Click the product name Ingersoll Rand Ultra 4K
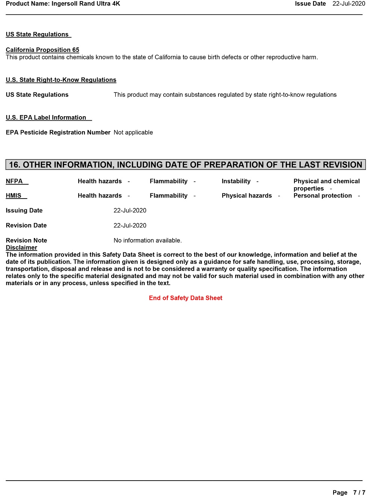86,4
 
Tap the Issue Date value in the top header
349,4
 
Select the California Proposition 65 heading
42,50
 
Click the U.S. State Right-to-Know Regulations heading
61,80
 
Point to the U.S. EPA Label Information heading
46,117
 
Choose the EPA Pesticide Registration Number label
58,132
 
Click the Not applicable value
133,132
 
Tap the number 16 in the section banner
14,165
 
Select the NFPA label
14,181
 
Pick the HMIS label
14,196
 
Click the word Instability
236,181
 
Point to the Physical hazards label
247,196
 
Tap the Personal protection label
323,196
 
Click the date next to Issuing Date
130,211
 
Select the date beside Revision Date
130,226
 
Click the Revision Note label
26,240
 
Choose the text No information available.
147,240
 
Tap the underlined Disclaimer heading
21,247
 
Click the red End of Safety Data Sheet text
185,298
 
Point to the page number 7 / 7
359,493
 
